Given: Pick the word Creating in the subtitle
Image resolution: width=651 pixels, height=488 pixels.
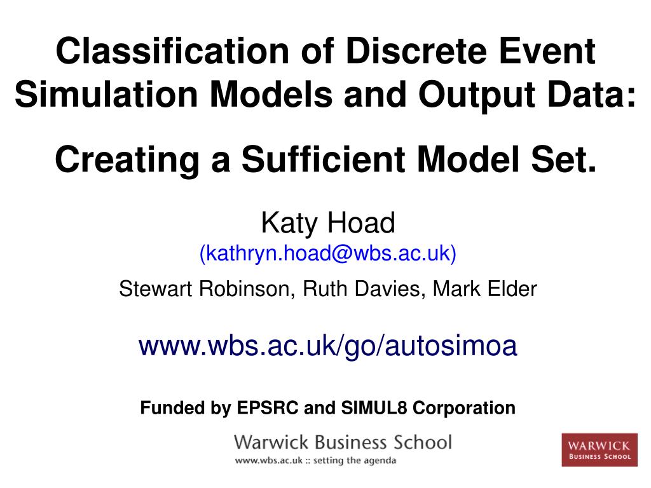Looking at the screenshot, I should point(127,159).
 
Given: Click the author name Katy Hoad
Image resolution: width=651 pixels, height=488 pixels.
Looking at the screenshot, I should point(328,224).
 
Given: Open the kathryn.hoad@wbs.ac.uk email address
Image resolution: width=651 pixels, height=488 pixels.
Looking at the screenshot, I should point(328,254).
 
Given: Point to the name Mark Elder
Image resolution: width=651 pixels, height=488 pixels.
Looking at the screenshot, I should point(485,290).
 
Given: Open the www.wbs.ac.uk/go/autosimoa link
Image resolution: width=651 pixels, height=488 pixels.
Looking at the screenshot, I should point(328,347).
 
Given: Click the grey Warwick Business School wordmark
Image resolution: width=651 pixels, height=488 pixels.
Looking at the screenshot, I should point(343,442).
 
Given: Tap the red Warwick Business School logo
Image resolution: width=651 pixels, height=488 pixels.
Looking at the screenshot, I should point(599,449).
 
